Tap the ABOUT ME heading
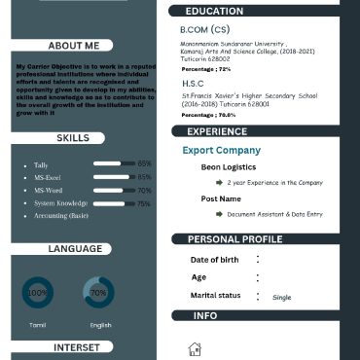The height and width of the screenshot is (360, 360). point(73,46)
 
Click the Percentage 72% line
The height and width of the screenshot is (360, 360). point(206,69)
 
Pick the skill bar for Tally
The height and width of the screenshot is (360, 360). point(114,164)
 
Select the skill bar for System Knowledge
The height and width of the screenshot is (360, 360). point(114,203)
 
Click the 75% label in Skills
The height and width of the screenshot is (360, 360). point(144,203)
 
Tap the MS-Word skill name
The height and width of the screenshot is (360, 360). point(48,191)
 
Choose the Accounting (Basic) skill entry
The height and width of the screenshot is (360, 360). point(61,215)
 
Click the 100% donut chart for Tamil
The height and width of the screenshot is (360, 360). point(37,292)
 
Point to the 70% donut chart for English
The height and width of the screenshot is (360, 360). point(98,292)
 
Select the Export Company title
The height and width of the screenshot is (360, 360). point(221,151)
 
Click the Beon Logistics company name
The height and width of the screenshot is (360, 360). point(229,167)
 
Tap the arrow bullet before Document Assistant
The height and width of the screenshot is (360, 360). point(219,213)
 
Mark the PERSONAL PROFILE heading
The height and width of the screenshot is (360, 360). point(234,239)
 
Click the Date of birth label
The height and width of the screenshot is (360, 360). point(214,260)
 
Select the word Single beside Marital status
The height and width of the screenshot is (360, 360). point(281,297)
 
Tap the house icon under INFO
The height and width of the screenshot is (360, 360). point(195,349)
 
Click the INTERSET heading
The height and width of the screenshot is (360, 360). point(76,346)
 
